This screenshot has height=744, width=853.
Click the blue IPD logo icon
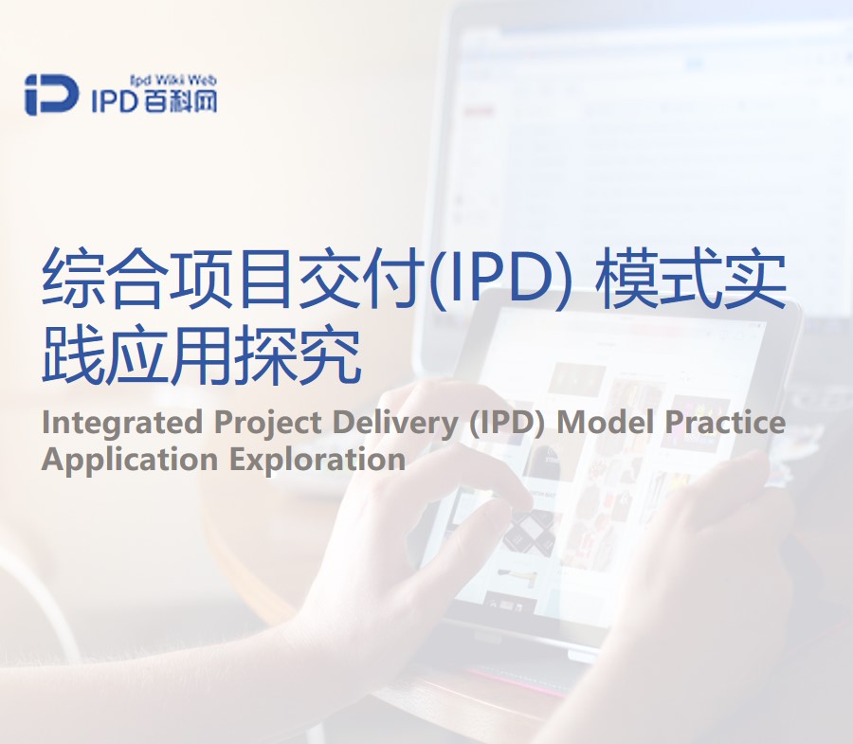51,95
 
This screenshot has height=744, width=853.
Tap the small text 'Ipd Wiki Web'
173,81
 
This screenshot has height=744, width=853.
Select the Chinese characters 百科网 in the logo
180,100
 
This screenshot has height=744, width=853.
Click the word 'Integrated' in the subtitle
122,423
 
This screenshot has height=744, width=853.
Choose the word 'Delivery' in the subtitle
395,423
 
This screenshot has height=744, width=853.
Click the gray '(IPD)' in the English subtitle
507,423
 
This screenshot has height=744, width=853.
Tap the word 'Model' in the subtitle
605,423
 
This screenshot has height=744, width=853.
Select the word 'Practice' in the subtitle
725,423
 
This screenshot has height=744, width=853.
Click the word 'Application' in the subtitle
131,459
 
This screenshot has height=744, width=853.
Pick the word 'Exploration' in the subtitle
318,459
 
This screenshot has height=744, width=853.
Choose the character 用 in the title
203,354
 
